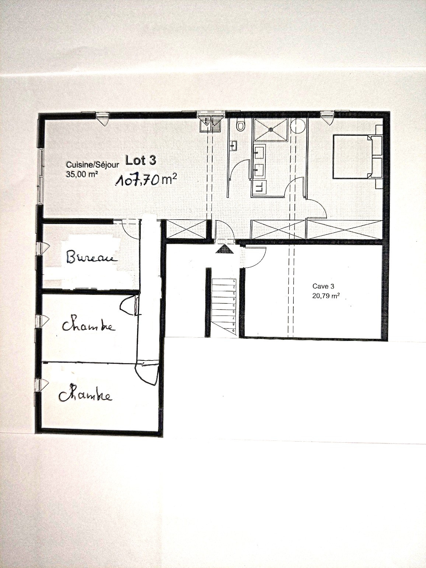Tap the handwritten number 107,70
tap(137, 181)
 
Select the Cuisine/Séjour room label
tap(92, 165)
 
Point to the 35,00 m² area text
tap(82, 174)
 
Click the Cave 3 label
tap(323, 286)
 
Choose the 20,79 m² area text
tap(326, 296)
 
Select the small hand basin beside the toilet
tap(233, 146)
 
